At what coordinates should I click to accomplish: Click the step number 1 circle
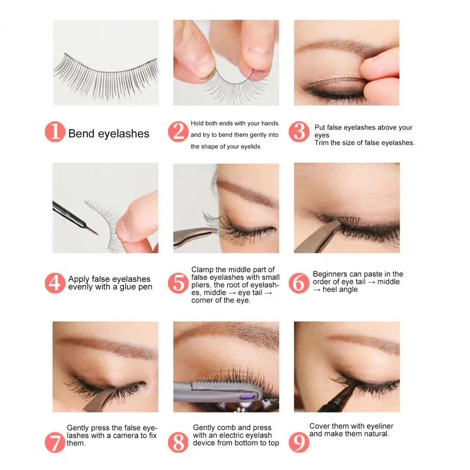[55, 131]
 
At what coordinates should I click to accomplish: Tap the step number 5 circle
[178, 283]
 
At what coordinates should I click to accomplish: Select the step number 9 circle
[299, 442]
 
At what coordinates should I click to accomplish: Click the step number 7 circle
[55, 442]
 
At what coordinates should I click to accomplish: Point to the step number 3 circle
[299, 131]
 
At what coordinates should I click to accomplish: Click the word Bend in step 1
[81, 134]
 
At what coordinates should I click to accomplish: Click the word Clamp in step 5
[202, 270]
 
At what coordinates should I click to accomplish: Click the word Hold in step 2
[197, 123]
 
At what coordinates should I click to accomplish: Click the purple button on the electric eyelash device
[246, 397]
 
